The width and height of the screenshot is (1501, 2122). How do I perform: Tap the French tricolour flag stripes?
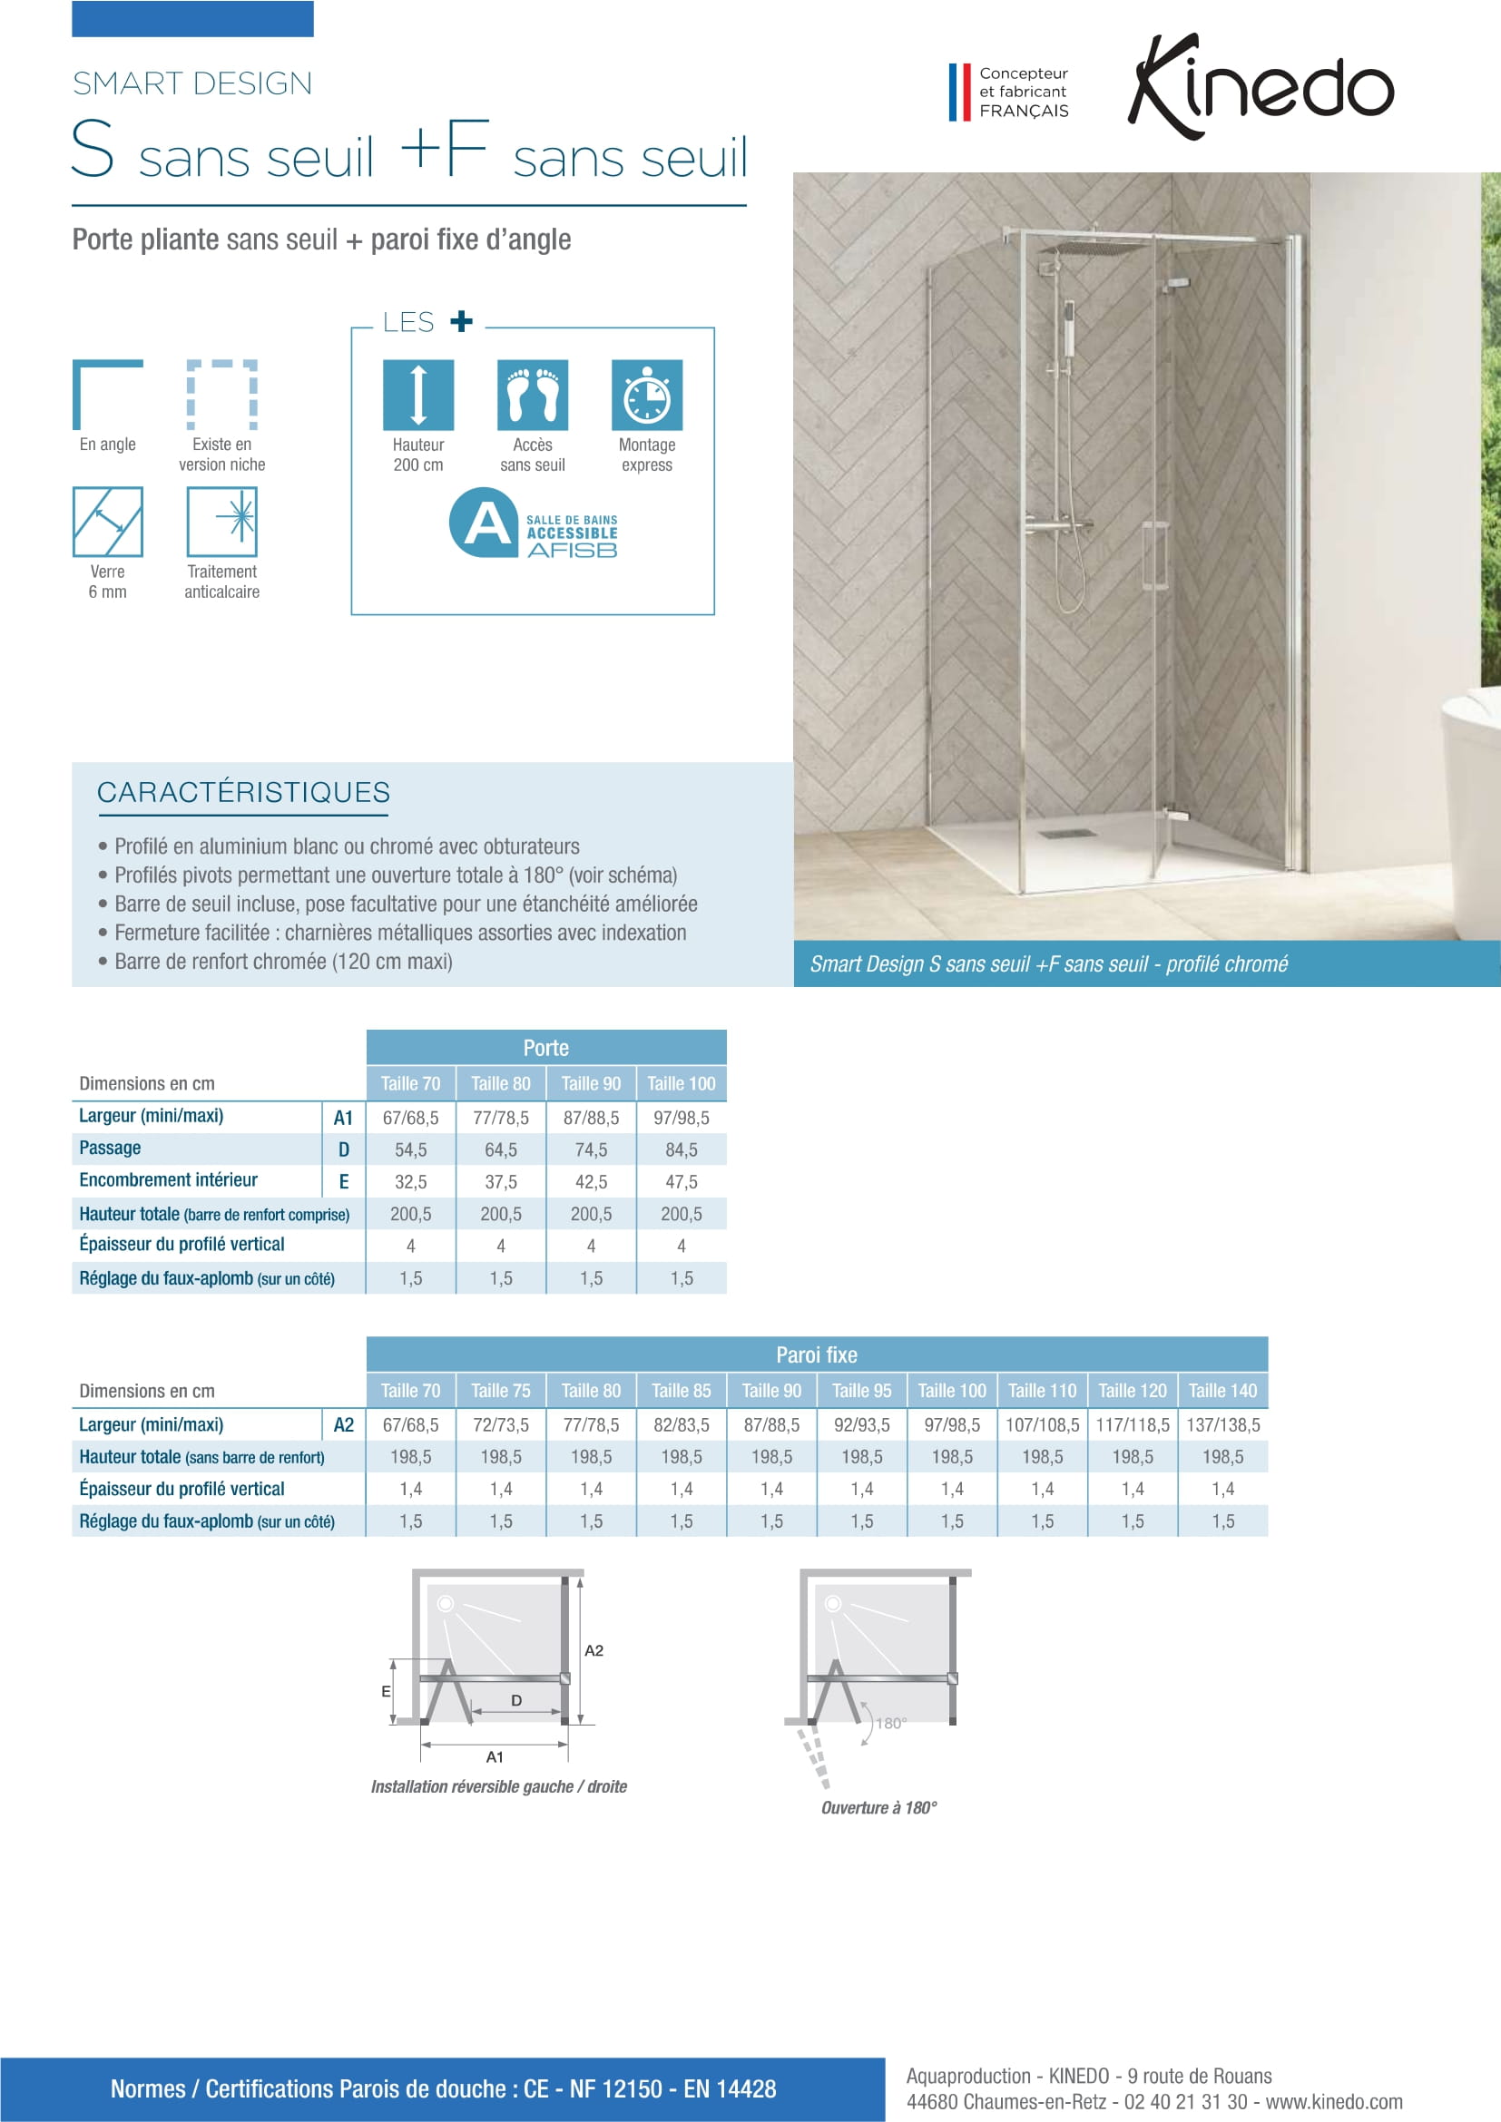click(x=959, y=92)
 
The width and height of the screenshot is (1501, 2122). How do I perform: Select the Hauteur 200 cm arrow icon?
click(x=417, y=395)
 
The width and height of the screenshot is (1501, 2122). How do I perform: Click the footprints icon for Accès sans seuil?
click(x=533, y=395)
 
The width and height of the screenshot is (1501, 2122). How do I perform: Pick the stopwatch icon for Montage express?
click(x=647, y=395)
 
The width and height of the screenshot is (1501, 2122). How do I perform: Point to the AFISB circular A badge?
click(x=483, y=523)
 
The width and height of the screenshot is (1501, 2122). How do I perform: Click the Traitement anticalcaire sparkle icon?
click(x=221, y=522)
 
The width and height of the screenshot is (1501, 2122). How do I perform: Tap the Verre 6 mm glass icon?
click(x=107, y=522)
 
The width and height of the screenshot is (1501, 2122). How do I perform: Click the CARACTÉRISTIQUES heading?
click(x=243, y=792)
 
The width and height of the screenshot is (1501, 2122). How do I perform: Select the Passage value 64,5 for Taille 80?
click(x=501, y=1149)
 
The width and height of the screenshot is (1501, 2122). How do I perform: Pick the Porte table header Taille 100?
click(x=682, y=1083)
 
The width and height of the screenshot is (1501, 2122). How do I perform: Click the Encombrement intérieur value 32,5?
click(x=410, y=1182)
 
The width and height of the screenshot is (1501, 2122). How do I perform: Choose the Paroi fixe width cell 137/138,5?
click(x=1222, y=1425)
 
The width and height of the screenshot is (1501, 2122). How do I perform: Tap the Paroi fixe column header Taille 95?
click(x=861, y=1391)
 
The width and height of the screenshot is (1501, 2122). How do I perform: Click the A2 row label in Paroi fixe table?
click(x=344, y=1425)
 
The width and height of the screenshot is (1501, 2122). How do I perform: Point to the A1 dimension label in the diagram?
click(x=495, y=1757)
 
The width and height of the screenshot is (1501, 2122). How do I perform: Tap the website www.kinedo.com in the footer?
click(x=1334, y=2102)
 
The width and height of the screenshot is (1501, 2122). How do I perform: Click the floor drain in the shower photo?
click(x=1054, y=834)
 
